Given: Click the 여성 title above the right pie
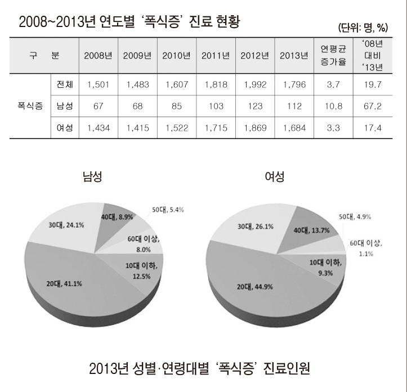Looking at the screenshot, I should [275, 177].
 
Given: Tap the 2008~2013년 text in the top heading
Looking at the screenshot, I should [54, 22].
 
